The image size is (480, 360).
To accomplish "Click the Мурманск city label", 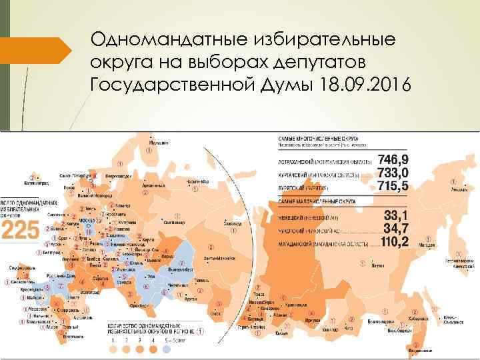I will pyautogui.click(x=159, y=142).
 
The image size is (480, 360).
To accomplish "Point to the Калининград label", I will pyautogui.click(x=36, y=181).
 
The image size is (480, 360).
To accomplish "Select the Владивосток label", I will pyautogui.click(x=417, y=351).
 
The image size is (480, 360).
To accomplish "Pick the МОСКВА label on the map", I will pyautogui.click(x=85, y=219).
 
